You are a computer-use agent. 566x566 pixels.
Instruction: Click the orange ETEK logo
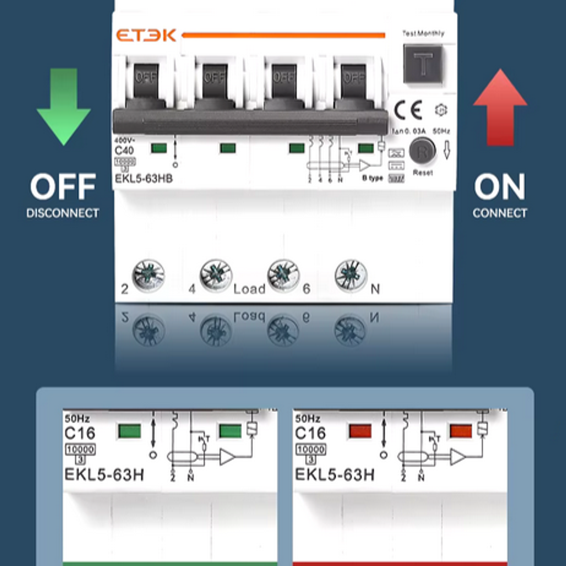[146, 36]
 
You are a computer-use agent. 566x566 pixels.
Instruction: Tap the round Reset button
[422, 151]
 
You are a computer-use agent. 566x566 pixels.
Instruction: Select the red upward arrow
[500, 107]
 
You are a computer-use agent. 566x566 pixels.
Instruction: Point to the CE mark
[408, 110]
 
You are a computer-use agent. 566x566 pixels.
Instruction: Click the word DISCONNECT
[63, 213]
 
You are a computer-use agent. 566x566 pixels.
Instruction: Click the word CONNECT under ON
[500, 213]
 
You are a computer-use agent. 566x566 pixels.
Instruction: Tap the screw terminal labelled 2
[148, 275]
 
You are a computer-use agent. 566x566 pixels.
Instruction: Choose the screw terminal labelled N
[351, 275]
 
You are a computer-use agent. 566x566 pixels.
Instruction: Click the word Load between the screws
[249, 289]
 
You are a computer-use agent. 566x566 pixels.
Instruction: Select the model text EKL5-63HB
[144, 179]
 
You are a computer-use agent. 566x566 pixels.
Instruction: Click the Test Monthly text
[423, 34]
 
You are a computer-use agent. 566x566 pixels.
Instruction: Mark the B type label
[373, 178]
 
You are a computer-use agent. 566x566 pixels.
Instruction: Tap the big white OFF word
[63, 187]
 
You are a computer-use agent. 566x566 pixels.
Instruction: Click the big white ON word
[500, 187]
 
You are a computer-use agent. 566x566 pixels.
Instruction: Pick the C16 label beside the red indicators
[311, 433]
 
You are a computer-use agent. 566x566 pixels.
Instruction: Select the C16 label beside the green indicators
[80, 433]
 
